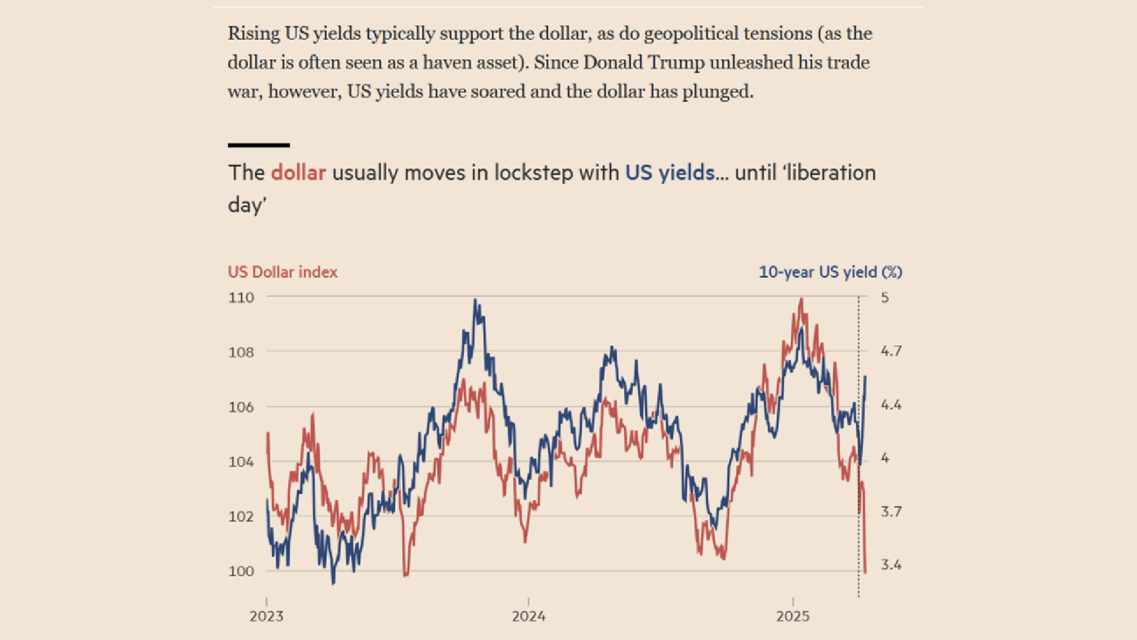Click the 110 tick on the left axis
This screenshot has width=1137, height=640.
[x=241, y=297]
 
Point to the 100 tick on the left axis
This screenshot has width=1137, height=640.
[x=241, y=571]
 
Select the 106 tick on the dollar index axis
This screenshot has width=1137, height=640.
[x=241, y=407]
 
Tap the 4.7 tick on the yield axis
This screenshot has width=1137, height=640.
[x=891, y=351]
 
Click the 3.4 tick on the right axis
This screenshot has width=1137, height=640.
[x=891, y=565]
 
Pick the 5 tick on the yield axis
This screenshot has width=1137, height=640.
[x=885, y=297]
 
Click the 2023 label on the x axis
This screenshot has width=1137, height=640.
[x=266, y=616]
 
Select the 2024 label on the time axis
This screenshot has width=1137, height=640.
[x=529, y=616]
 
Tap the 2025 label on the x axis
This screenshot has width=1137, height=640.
[x=793, y=616]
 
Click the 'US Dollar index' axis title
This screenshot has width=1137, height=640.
[x=282, y=272]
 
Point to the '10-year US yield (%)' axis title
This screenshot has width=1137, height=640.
[x=830, y=272]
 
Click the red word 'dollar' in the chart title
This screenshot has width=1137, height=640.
[x=298, y=173]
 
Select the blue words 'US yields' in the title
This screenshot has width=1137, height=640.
[x=670, y=173]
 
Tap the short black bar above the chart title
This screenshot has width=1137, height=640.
[x=259, y=145]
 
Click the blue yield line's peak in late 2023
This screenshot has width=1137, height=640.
[x=475, y=300]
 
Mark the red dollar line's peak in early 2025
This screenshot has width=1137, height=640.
[x=801, y=299]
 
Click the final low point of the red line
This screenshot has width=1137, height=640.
[x=865, y=572]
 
